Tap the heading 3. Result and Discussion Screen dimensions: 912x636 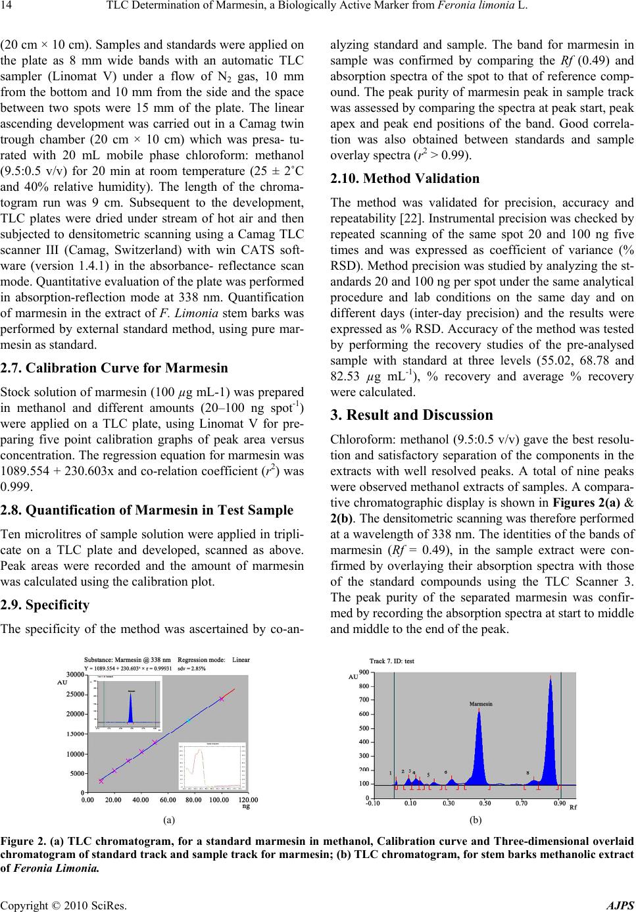point(411,415)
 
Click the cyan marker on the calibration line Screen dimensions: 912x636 point(188,721)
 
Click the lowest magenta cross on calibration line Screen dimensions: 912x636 point(101,780)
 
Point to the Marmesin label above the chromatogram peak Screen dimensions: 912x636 point(480,703)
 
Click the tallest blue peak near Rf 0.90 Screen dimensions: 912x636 point(550,730)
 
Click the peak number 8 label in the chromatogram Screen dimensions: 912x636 point(527,773)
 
